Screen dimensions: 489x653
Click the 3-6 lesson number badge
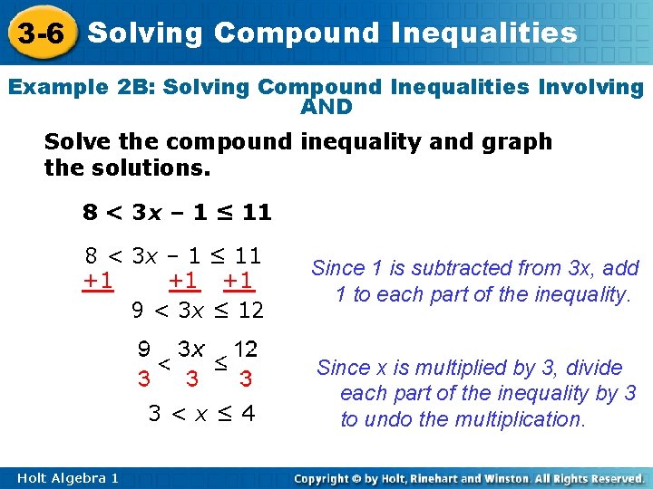point(40,34)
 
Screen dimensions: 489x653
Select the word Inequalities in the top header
point(485,34)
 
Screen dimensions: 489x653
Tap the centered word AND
point(326,108)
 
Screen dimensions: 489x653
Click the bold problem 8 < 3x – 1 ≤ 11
point(177,213)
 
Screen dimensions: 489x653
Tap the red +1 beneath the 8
point(98,281)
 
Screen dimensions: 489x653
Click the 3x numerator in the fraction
point(191,350)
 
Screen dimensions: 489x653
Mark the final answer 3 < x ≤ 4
point(201,415)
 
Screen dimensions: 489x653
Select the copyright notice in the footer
point(469,477)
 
